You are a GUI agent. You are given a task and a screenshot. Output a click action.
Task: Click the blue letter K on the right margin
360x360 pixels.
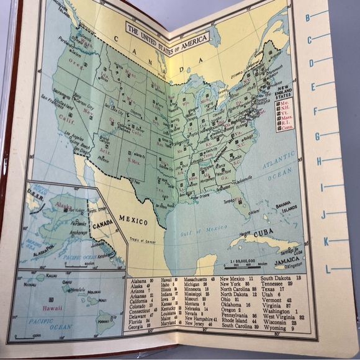tap(325, 241)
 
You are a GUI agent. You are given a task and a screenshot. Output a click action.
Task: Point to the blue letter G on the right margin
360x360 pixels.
tap(317, 136)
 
